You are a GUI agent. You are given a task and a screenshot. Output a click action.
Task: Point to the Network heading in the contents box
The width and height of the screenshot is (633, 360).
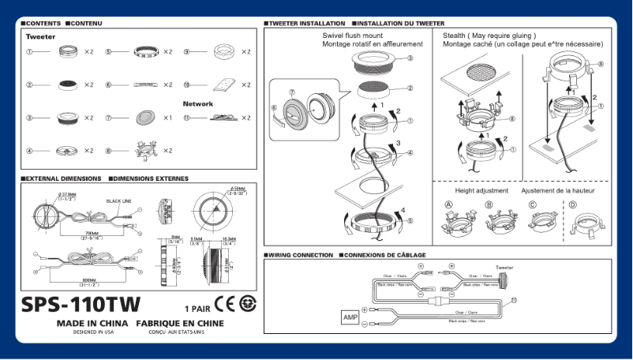[x=198, y=103]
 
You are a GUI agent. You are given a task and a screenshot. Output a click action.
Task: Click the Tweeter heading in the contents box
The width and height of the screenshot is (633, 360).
[x=40, y=37]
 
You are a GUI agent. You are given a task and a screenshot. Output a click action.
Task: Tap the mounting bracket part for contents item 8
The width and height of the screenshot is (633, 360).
[x=144, y=149]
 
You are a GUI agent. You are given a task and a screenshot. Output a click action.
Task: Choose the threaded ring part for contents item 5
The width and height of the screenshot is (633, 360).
[x=144, y=51]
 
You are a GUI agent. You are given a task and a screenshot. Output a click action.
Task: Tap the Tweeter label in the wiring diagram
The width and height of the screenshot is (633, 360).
[x=504, y=268]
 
